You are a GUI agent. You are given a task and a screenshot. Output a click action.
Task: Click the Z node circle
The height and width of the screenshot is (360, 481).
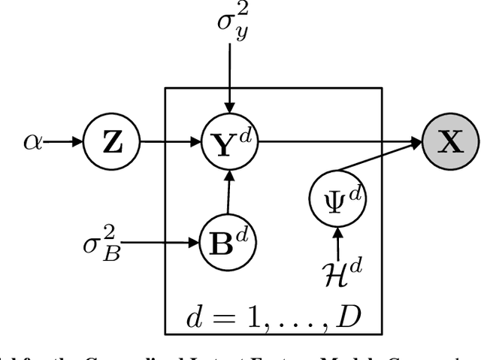coord(111,141)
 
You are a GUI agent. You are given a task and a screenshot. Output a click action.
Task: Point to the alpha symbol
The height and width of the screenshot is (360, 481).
coord(33,141)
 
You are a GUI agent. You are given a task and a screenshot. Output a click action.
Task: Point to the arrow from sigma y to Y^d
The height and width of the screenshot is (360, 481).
coord(232,75)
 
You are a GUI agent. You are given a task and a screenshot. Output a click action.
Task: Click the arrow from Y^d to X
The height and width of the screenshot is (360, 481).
coord(338,141)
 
